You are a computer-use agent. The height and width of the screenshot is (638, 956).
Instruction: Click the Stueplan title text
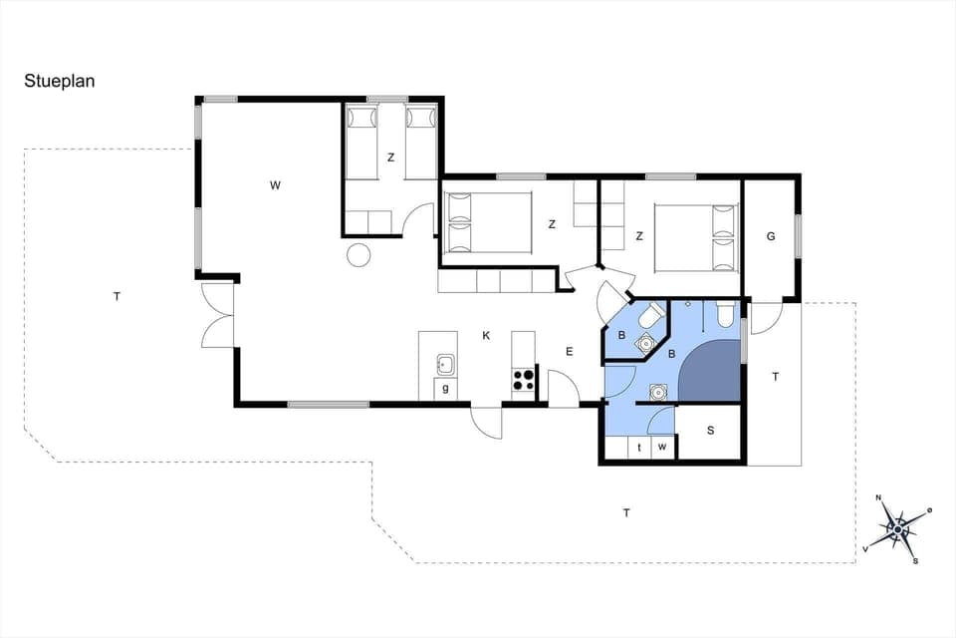click(x=60, y=82)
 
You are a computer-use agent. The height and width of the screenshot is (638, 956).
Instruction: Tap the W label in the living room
click(x=275, y=184)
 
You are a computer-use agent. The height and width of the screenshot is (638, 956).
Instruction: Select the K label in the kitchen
click(x=486, y=336)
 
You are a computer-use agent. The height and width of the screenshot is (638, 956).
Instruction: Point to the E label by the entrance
click(x=570, y=351)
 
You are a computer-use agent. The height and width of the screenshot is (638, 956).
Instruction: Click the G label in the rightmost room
click(x=771, y=236)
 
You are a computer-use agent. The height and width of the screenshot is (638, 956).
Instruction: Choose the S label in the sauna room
click(x=710, y=431)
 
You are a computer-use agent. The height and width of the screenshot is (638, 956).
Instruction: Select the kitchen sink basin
click(x=445, y=363)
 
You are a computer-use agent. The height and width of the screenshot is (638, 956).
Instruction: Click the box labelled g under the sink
click(x=445, y=389)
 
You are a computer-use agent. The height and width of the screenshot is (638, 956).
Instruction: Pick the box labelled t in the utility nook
click(x=638, y=449)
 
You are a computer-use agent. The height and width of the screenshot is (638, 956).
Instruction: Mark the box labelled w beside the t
click(x=662, y=449)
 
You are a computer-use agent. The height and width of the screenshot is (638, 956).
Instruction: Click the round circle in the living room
click(x=358, y=255)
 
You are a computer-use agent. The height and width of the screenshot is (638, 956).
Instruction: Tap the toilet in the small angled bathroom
click(x=651, y=317)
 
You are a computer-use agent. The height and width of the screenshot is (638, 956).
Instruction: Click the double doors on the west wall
click(x=217, y=315)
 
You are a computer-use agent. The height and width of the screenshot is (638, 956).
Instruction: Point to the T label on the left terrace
click(x=117, y=296)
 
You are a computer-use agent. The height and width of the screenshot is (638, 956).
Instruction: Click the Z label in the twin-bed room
click(x=391, y=158)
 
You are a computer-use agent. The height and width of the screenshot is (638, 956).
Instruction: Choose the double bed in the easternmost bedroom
click(x=695, y=237)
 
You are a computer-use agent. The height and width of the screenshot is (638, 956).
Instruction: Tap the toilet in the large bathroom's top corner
click(x=725, y=315)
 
